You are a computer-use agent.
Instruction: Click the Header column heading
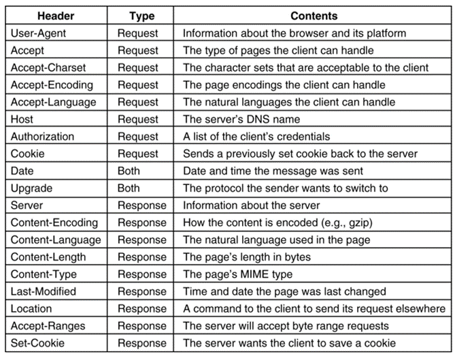[56, 16]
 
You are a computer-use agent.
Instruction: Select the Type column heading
[141, 16]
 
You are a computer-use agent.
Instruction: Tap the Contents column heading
[314, 16]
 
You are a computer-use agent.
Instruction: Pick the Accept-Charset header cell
[48, 67]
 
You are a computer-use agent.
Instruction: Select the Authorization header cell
[42, 136]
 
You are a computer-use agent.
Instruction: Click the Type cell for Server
[141, 205]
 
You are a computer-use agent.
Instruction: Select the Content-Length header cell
[48, 257]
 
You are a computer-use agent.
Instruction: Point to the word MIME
[257, 274]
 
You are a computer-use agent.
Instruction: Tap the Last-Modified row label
[44, 291]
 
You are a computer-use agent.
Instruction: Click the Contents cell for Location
[314, 308]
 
